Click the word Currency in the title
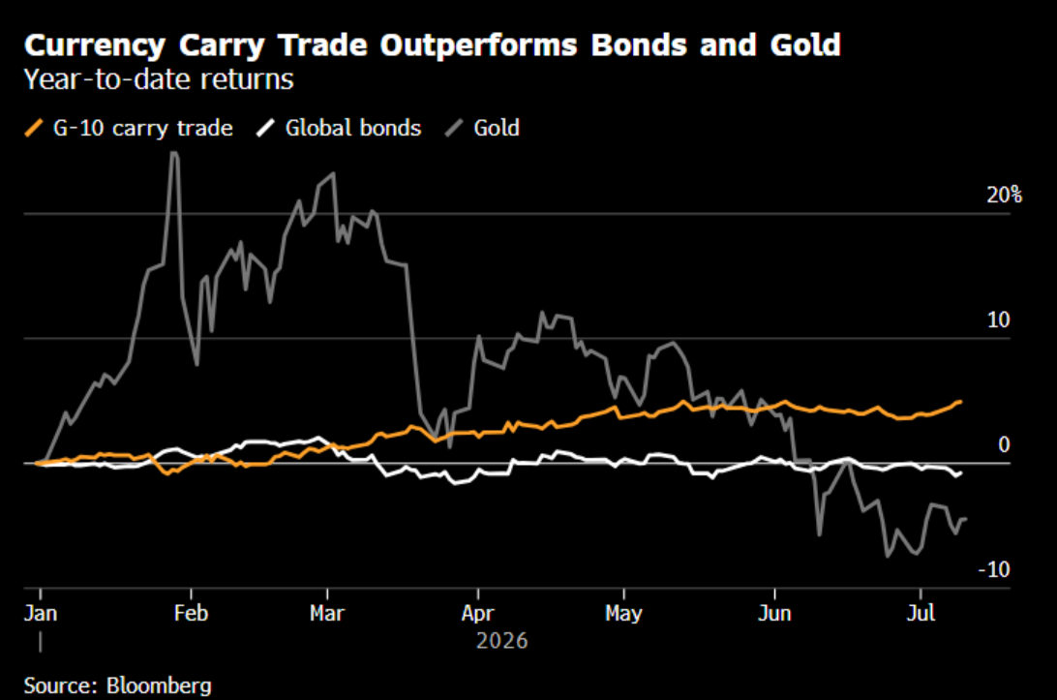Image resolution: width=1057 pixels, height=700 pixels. pyautogui.click(x=95, y=46)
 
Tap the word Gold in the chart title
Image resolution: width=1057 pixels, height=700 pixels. pyautogui.click(x=805, y=45)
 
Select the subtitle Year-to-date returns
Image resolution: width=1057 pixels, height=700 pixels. pyautogui.click(x=159, y=79)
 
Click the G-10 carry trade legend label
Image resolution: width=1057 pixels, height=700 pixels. pyautogui.click(x=143, y=128)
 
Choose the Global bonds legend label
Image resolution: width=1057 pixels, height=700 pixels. pyautogui.click(x=353, y=128)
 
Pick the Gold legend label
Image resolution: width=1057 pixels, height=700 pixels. pyautogui.click(x=497, y=128)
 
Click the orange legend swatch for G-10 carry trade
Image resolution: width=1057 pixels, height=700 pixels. pyautogui.click(x=34, y=128)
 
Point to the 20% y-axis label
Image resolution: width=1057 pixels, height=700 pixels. pyautogui.click(x=1005, y=195)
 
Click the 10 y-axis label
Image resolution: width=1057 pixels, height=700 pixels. pyautogui.click(x=998, y=320)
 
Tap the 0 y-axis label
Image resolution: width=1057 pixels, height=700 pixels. pyautogui.click(x=1004, y=444)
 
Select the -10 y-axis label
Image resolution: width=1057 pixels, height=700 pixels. pyautogui.click(x=994, y=569)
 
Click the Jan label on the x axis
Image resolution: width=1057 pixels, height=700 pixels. pyautogui.click(x=41, y=613)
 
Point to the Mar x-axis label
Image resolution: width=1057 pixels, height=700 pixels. pyautogui.click(x=327, y=613)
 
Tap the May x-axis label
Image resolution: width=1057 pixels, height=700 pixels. pyautogui.click(x=623, y=613)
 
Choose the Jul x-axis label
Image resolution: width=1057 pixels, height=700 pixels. pyautogui.click(x=921, y=613)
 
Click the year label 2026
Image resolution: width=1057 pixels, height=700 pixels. pyautogui.click(x=502, y=640)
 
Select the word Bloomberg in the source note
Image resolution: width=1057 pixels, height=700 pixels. pyautogui.click(x=159, y=685)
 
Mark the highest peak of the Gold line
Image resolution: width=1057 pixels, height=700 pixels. pyautogui.click(x=174, y=152)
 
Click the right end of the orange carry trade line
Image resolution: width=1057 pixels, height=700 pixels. pyautogui.click(x=960, y=402)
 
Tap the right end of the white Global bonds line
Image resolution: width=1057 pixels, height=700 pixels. pyautogui.click(x=960, y=472)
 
